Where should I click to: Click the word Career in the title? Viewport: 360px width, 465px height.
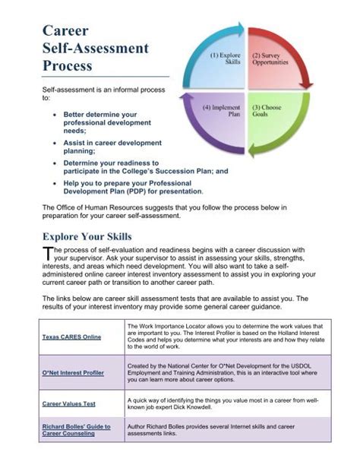coord(65,31)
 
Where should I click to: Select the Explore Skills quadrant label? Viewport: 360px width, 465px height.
coord(226,59)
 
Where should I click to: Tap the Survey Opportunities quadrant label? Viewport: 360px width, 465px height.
coord(270,59)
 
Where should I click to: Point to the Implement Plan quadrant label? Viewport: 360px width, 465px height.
coord(223,111)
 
